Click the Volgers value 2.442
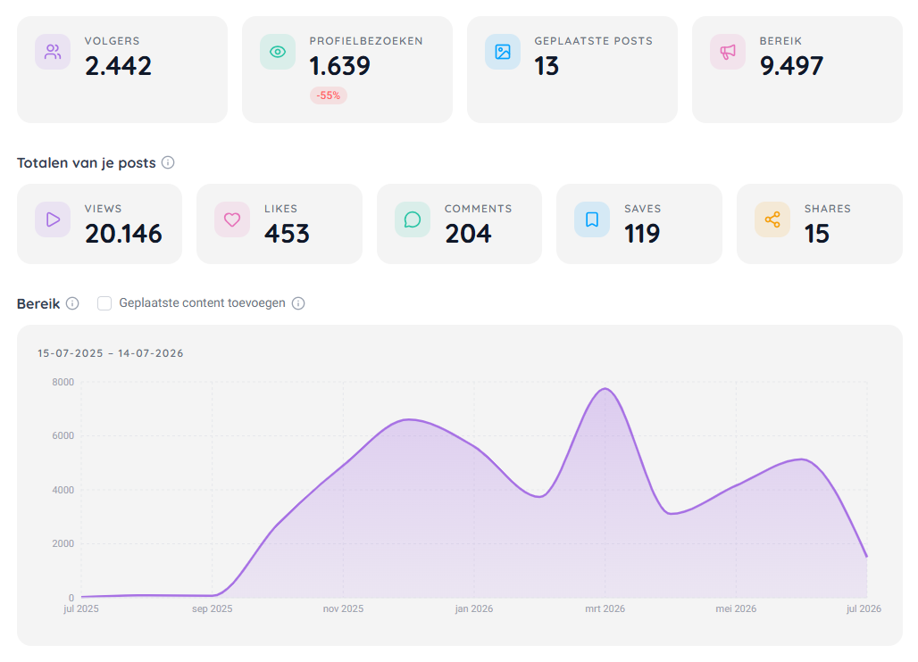pyautogui.click(x=118, y=65)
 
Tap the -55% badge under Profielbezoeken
pyautogui.click(x=329, y=95)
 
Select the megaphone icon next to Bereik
pyautogui.click(x=728, y=52)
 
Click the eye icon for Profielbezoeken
pyautogui.click(x=278, y=52)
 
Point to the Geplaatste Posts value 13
pyautogui.click(x=547, y=65)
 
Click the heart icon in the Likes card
pyautogui.click(x=232, y=219)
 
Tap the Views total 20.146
pyautogui.click(x=123, y=234)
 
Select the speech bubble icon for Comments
pyautogui.click(x=413, y=219)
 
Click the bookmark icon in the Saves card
pyautogui.click(x=592, y=219)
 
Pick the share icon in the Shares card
pyautogui.click(x=772, y=219)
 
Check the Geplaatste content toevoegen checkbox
pyautogui.click(x=104, y=303)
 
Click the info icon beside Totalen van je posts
pyautogui.click(x=168, y=162)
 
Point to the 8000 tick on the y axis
pyautogui.click(x=63, y=382)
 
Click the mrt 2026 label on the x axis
pyautogui.click(x=605, y=608)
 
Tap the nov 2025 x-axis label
pyautogui.click(x=343, y=608)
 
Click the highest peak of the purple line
pyautogui.click(x=605, y=388)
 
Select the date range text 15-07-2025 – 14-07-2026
pyautogui.click(x=110, y=353)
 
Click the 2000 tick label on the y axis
pyautogui.click(x=63, y=543)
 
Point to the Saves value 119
pyautogui.click(x=642, y=234)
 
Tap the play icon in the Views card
pyautogui.click(x=53, y=219)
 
